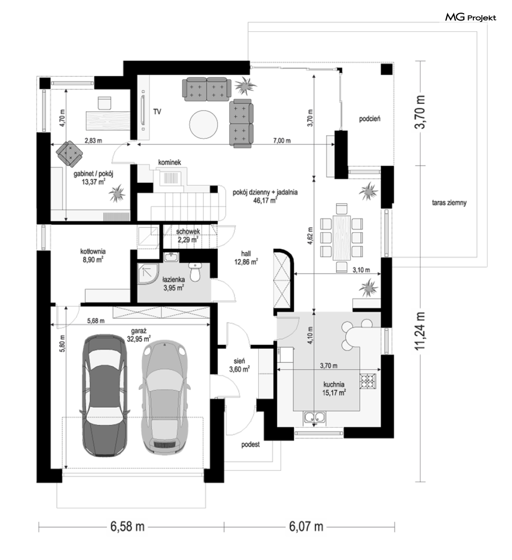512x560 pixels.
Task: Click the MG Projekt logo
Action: click(x=470, y=17)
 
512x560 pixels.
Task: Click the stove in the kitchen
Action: click(x=368, y=380)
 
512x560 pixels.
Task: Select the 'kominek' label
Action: click(x=170, y=162)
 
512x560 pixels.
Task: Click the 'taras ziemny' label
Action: click(x=449, y=203)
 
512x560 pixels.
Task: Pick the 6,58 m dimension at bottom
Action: click(x=127, y=526)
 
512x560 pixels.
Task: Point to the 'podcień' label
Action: click(x=370, y=119)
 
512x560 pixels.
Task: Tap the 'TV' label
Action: click(x=157, y=112)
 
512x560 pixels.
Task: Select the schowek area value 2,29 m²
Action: click(x=188, y=240)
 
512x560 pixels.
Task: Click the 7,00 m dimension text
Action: click(x=282, y=140)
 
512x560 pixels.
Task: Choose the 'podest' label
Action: click(x=250, y=445)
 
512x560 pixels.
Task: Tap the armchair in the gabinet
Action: click(x=70, y=153)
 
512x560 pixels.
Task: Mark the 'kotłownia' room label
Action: click(x=93, y=251)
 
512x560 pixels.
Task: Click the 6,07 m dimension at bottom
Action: click(x=306, y=526)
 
